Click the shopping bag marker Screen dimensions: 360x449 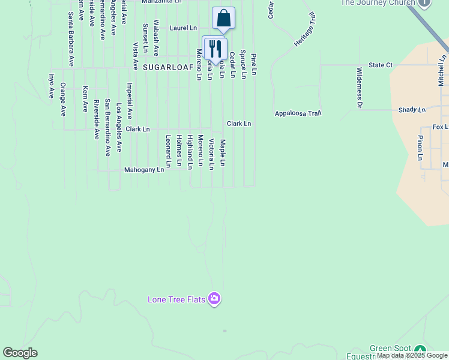click(223, 19)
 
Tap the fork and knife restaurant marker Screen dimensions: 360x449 click(215, 49)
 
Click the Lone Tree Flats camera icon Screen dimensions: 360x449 click(214, 299)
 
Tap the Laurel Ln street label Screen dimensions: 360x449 click(183, 28)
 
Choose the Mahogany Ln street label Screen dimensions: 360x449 click(144, 170)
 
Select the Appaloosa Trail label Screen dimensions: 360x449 click(298, 113)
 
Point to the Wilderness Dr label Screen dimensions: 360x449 click(360, 88)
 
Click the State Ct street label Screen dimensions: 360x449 click(381, 65)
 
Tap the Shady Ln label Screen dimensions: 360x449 click(412, 110)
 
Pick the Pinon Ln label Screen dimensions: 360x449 click(420, 148)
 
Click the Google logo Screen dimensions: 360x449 click(20, 353)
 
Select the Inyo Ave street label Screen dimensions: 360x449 click(52, 86)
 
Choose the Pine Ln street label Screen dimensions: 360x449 click(254, 64)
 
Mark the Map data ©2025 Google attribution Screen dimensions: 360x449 click(412, 356)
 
